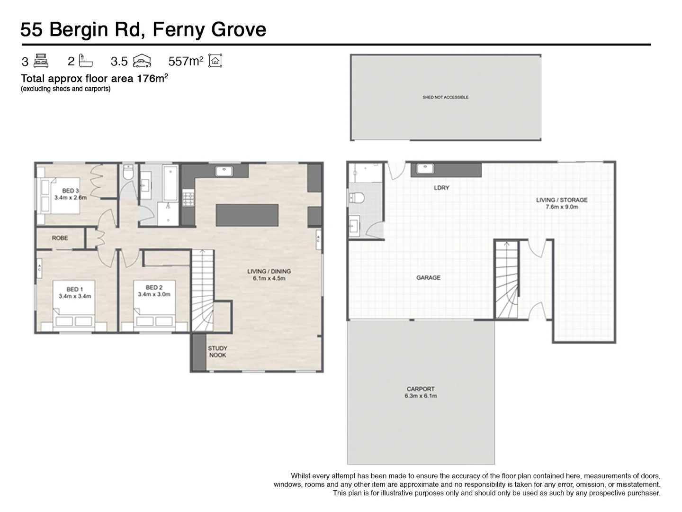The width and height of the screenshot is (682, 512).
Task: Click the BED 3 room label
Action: pyautogui.click(x=70, y=191)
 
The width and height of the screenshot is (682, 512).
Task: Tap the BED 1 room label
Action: pyautogui.click(x=75, y=290)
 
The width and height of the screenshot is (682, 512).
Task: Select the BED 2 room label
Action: pyautogui.click(x=154, y=288)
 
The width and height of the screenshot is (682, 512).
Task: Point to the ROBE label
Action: pyautogui.click(x=60, y=238)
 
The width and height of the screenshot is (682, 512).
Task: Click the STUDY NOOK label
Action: pyautogui.click(x=217, y=352)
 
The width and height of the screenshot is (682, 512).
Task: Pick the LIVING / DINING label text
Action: pyautogui.click(x=269, y=272)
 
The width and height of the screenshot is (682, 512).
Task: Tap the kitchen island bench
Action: pyautogui.click(x=247, y=215)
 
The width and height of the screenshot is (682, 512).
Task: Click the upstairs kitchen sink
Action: pyautogui.click(x=222, y=171)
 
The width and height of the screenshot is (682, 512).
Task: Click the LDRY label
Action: pyautogui.click(x=441, y=188)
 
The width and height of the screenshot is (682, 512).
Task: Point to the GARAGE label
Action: pyautogui.click(x=428, y=278)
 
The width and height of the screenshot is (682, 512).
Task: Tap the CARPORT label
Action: pyautogui.click(x=421, y=389)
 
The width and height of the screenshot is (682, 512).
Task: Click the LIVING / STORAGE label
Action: pyautogui.click(x=561, y=200)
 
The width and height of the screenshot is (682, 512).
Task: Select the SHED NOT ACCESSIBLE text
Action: pyautogui.click(x=445, y=97)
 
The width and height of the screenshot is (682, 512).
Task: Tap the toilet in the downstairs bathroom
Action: pyautogui.click(x=356, y=198)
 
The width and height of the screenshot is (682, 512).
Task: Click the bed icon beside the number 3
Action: pyautogui.click(x=41, y=61)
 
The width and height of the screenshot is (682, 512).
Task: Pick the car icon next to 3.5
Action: pyautogui.click(x=142, y=61)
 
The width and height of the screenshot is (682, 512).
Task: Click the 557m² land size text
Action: pyautogui.click(x=186, y=61)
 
